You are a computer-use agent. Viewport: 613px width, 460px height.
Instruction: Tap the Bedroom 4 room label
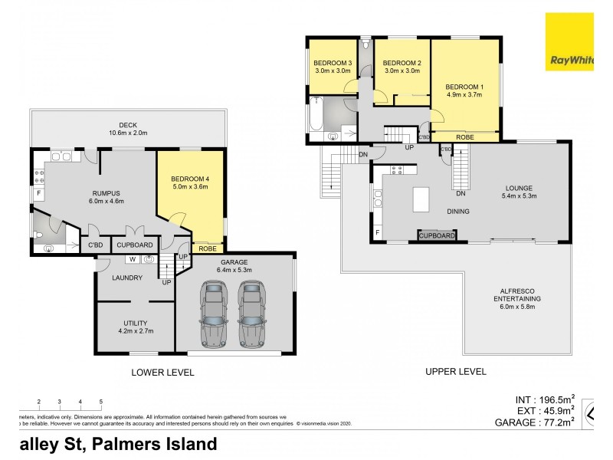click(x=190, y=179)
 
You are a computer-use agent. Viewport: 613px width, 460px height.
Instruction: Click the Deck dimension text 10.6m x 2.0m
click(x=127, y=134)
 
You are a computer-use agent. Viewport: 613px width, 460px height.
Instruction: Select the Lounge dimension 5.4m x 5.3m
click(x=519, y=195)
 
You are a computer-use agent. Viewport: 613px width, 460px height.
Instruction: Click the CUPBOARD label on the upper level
click(x=437, y=236)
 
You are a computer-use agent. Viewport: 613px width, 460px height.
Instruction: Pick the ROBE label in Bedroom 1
click(x=464, y=137)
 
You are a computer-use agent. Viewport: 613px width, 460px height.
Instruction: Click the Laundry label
click(x=127, y=278)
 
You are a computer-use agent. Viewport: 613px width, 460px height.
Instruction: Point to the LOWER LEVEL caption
click(x=162, y=373)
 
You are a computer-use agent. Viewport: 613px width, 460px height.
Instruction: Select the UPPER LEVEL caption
click(x=455, y=372)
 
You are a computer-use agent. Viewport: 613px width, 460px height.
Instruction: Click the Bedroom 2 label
click(x=402, y=63)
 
